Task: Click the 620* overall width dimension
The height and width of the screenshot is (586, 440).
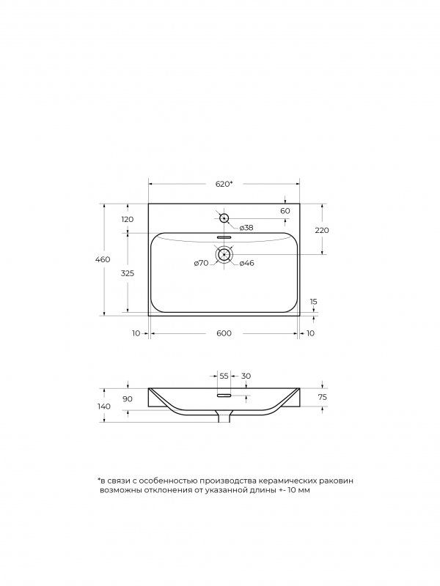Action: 224,184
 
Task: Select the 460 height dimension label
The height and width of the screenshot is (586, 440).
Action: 103,259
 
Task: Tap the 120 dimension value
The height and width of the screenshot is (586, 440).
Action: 127,219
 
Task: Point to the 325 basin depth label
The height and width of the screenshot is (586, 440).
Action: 127,273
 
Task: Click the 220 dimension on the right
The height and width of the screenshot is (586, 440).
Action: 322,230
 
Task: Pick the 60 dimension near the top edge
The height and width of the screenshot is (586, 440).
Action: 285,211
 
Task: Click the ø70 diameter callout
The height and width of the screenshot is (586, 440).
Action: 201,263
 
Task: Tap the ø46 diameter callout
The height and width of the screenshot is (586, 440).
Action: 246,263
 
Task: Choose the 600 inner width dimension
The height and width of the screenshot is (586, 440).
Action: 224,333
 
